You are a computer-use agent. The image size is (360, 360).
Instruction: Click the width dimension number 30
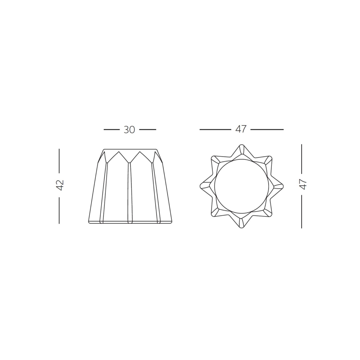[129, 130]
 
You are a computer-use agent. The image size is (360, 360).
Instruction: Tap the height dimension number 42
[60, 185]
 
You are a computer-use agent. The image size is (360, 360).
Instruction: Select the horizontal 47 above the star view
[241, 129]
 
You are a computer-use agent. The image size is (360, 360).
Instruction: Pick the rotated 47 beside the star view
[303, 184]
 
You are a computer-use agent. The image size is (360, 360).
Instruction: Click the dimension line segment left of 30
[111, 129]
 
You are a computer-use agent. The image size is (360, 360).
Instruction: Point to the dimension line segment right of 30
[148, 129]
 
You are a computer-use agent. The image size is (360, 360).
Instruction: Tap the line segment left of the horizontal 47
[215, 129]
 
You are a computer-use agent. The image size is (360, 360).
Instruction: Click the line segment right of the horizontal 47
[267, 129]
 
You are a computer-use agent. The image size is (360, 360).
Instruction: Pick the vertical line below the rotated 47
[301, 212]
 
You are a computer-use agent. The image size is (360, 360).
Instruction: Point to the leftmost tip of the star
[200, 186]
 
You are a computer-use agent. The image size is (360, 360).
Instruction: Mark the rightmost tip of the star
[283, 186]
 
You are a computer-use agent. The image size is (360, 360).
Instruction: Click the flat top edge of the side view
[130, 149]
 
